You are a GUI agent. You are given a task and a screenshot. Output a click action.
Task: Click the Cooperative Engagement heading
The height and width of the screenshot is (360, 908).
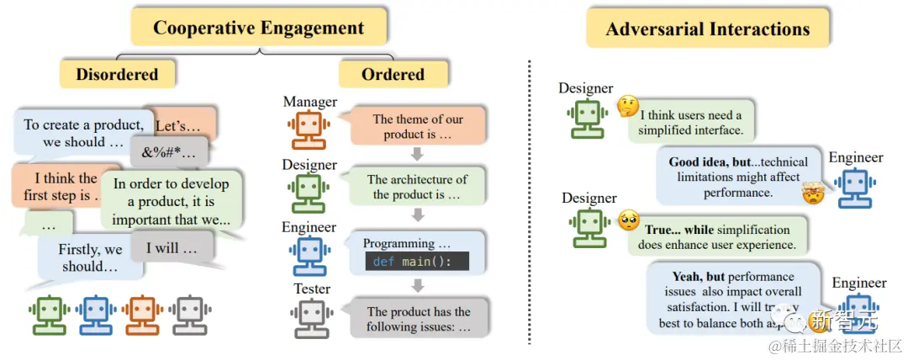(x=258, y=28)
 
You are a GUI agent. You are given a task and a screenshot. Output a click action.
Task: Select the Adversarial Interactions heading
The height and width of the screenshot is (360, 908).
(x=708, y=29)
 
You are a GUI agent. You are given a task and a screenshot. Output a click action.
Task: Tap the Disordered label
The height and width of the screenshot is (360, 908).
(x=117, y=74)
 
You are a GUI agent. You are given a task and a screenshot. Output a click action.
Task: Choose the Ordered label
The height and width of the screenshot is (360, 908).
(x=393, y=74)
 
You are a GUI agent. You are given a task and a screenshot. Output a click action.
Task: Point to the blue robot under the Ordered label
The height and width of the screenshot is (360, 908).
(x=310, y=254)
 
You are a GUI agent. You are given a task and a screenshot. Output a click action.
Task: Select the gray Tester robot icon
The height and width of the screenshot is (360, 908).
(x=310, y=316)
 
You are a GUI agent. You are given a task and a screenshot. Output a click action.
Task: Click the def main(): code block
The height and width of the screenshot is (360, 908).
(x=415, y=261)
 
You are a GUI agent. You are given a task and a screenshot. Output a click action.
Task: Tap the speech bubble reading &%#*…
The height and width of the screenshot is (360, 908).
(x=168, y=152)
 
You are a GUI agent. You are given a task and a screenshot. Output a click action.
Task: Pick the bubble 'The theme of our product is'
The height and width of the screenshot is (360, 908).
(x=418, y=127)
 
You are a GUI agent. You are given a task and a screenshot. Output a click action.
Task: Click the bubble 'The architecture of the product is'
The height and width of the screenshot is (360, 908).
(x=416, y=188)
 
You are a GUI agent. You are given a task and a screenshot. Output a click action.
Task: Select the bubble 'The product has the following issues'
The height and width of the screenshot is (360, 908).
(x=418, y=319)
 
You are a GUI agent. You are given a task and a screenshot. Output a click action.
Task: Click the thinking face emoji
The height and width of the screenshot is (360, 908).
(x=627, y=106)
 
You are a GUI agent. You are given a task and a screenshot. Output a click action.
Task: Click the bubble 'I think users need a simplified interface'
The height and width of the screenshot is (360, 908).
(x=690, y=123)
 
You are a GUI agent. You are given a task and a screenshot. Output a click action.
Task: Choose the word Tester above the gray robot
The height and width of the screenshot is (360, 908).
(x=310, y=289)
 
